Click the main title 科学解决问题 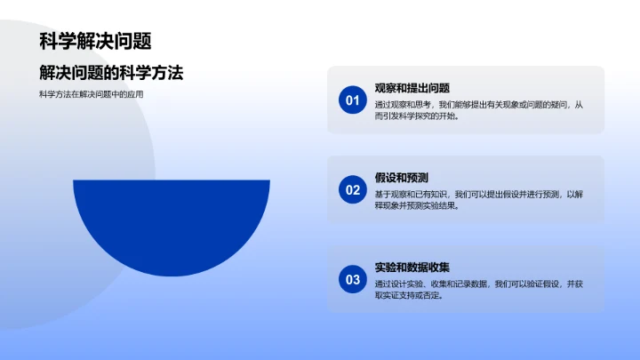pyautogui.click(x=95, y=41)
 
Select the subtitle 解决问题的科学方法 pyautogui.click(x=111, y=72)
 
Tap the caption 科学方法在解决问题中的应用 pyautogui.click(x=92, y=94)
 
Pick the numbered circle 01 pyautogui.click(x=352, y=100)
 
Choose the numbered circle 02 pyautogui.click(x=352, y=189)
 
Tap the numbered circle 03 pyautogui.click(x=352, y=279)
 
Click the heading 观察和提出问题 pyautogui.click(x=412, y=88)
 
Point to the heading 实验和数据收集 pyautogui.click(x=412, y=267)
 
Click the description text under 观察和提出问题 pyautogui.click(x=480, y=110)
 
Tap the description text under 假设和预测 pyautogui.click(x=480, y=199)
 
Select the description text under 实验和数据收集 pyautogui.click(x=480, y=290)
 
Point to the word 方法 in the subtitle pyautogui.click(x=166, y=72)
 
